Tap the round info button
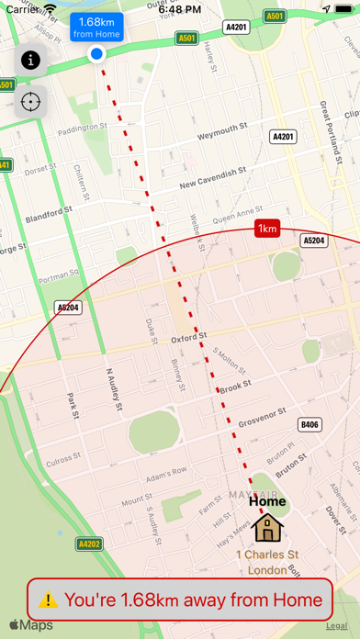click(31, 61)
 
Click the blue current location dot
click(96, 55)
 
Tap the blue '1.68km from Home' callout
click(96, 28)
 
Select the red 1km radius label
click(267, 229)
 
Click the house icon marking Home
click(268, 527)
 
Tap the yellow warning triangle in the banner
click(49, 600)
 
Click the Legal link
click(336, 625)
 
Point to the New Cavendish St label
click(214, 174)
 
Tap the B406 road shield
click(310, 424)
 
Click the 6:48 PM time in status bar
click(180, 8)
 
